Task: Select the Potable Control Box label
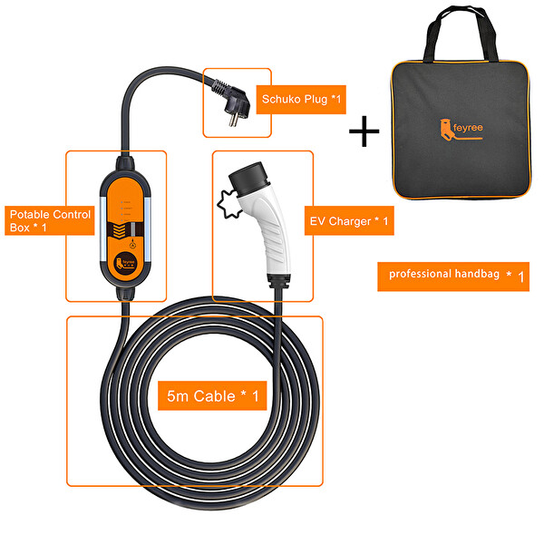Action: click(50, 220)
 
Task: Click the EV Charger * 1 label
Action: click(347, 220)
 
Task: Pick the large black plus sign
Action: click(364, 132)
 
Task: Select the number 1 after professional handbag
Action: click(520, 276)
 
